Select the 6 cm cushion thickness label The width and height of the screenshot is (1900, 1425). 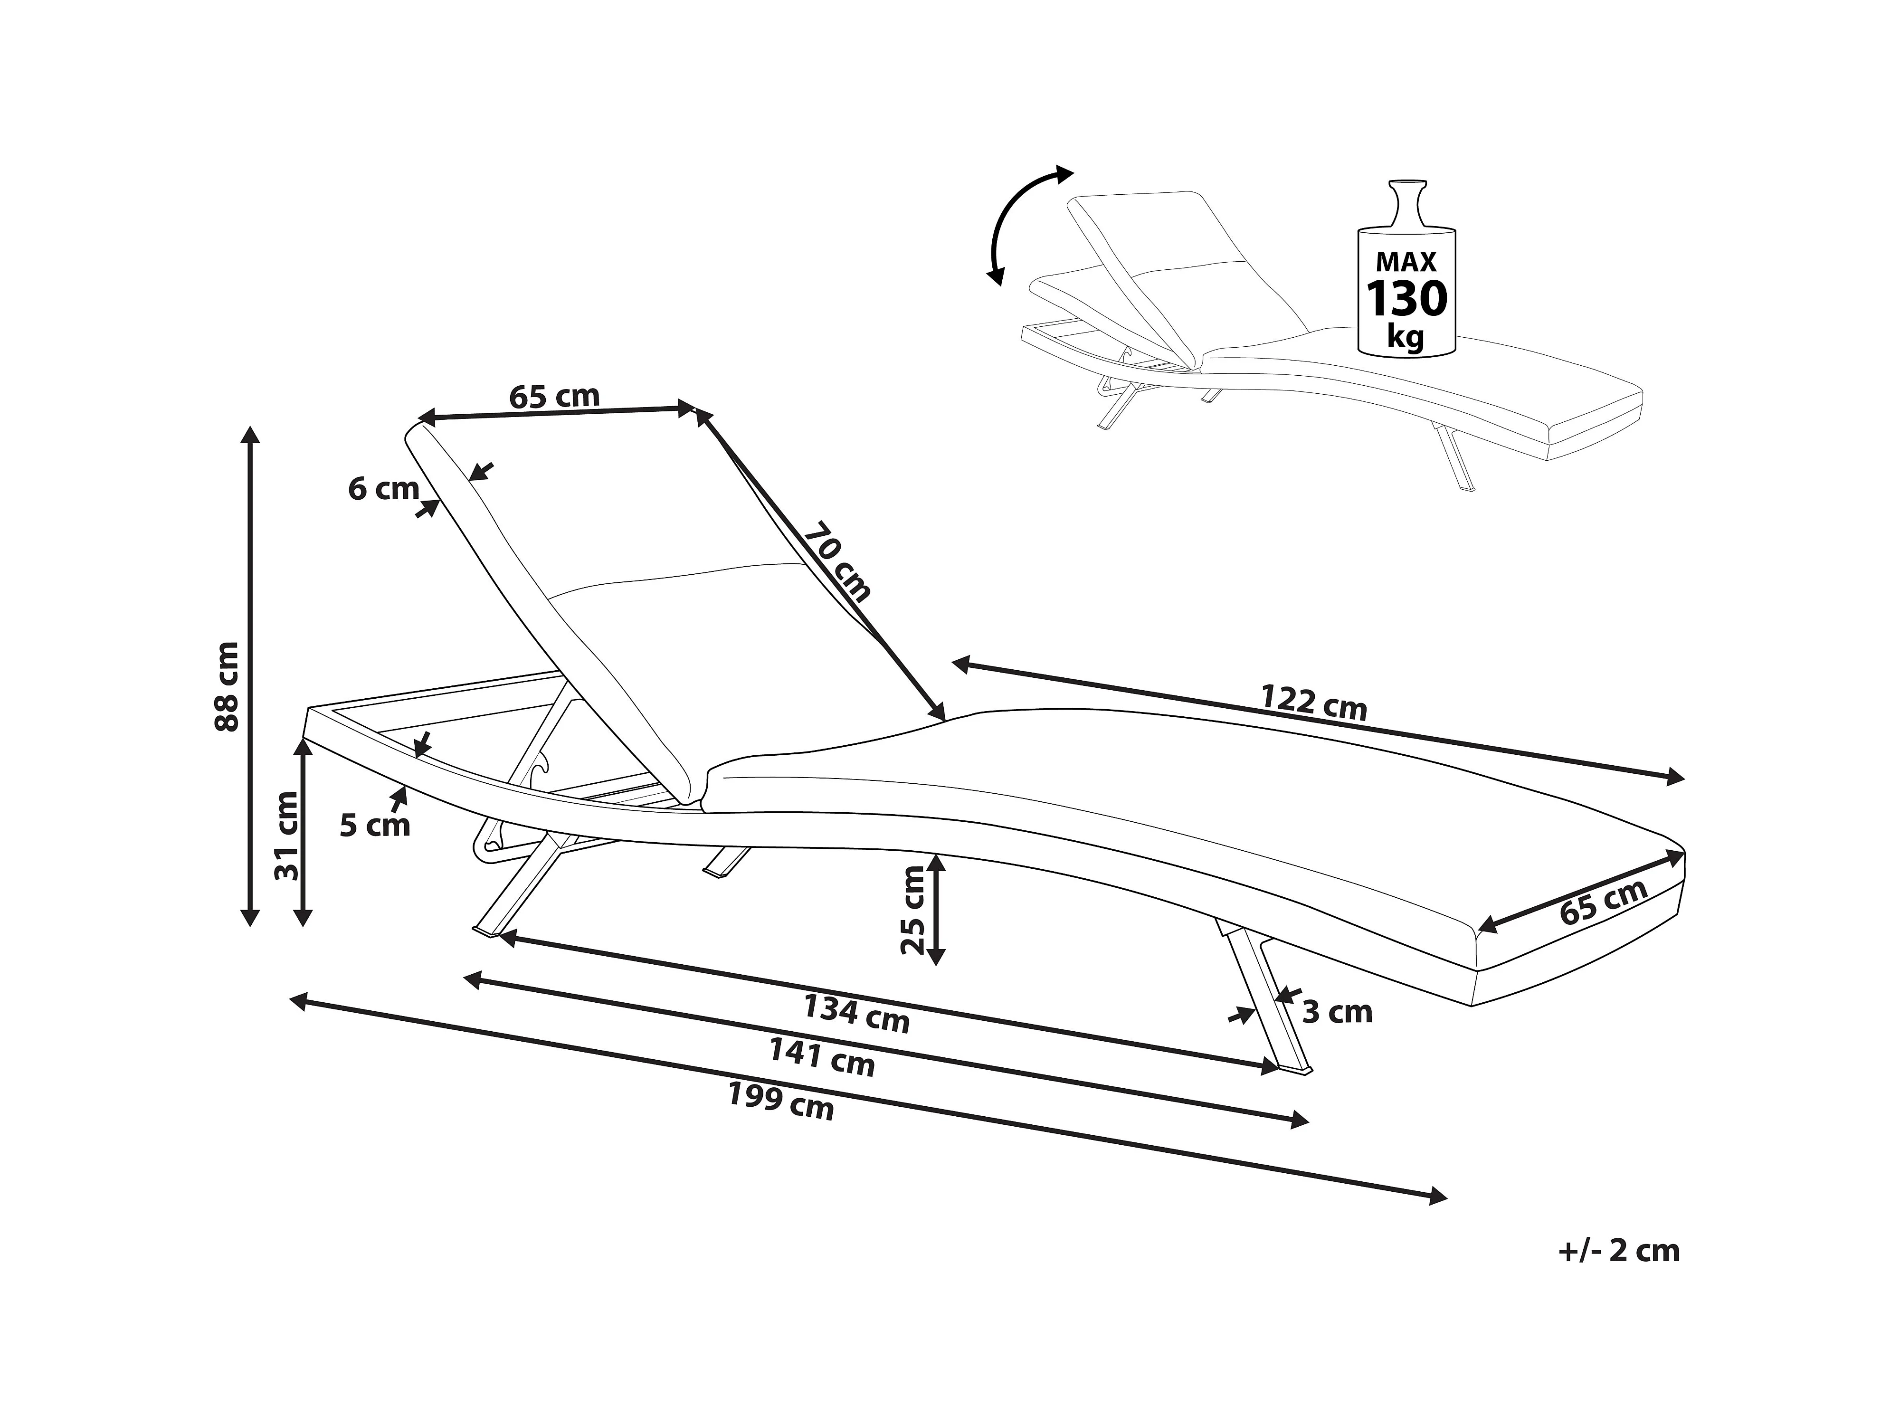(x=383, y=489)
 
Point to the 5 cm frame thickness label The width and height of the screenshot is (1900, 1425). (x=374, y=826)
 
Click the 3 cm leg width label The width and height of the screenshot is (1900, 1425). (x=1338, y=1012)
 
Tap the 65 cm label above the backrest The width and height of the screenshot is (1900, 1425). (x=554, y=396)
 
